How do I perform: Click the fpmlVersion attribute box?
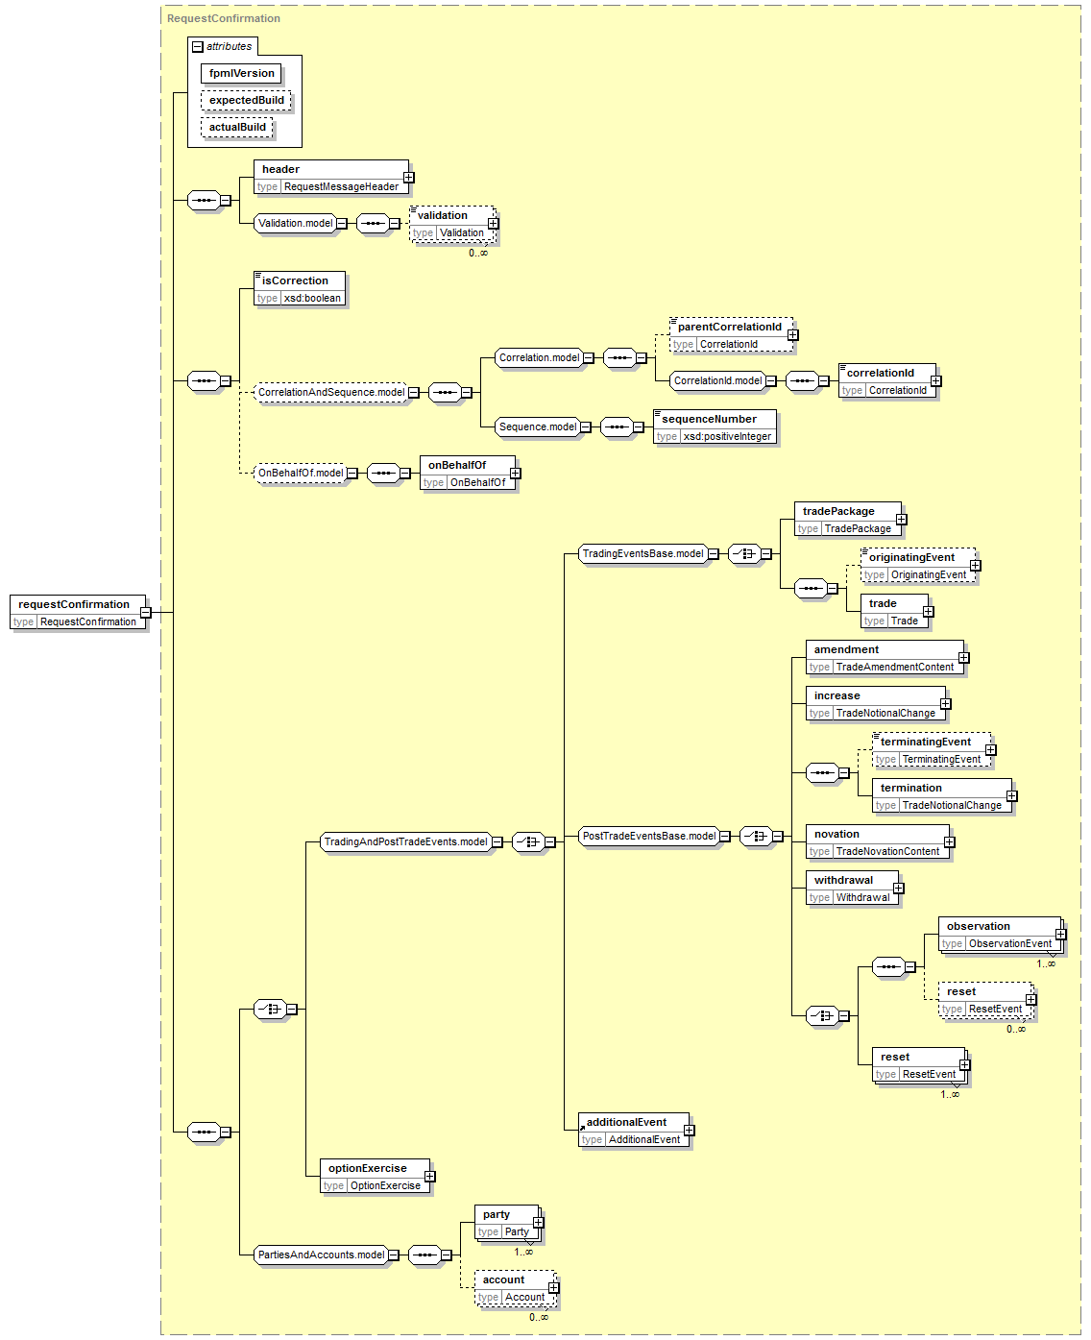pos(241,73)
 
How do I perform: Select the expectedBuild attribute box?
pos(246,100)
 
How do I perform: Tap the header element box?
pos(330,177)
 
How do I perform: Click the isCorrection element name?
pos(295,280)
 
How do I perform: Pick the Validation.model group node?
pos(295,223)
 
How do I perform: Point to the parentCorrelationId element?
pos(731,334)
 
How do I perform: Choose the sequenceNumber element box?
pos(715,427)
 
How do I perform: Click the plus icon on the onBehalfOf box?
pos(516,474)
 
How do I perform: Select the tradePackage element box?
pos(847,520)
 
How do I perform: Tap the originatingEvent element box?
pos(918,566)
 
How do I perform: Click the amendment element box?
pos(885,658)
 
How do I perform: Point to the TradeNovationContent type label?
pos(887,851)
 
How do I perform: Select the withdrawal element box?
pos(852,889)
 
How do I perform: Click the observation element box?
pos(1000,935)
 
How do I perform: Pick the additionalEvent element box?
pos(634,1131)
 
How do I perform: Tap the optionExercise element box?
pos(375,1177)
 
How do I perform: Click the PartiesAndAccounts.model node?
pos(321,1255)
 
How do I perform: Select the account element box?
pos(515,1288)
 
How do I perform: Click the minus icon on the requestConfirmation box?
pos(146,612)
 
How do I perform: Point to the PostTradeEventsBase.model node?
pos(649,836)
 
